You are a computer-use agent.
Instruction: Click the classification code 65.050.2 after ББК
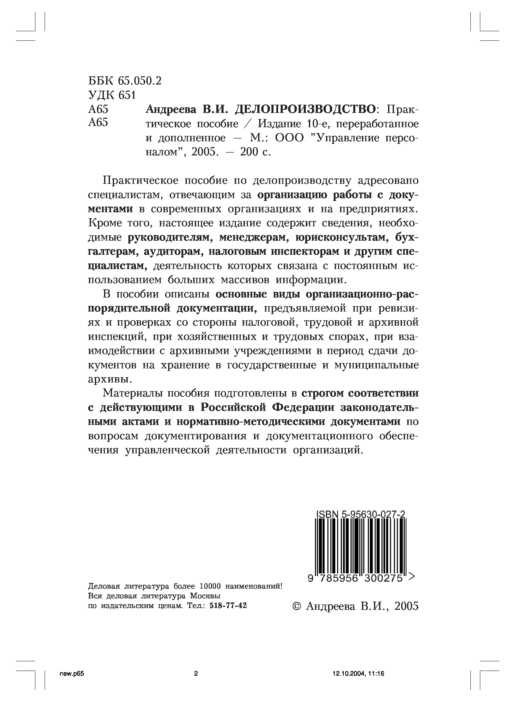pos(140,81)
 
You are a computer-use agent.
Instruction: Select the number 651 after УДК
pos(127,95)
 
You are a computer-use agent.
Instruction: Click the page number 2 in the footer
pos(196,673)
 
